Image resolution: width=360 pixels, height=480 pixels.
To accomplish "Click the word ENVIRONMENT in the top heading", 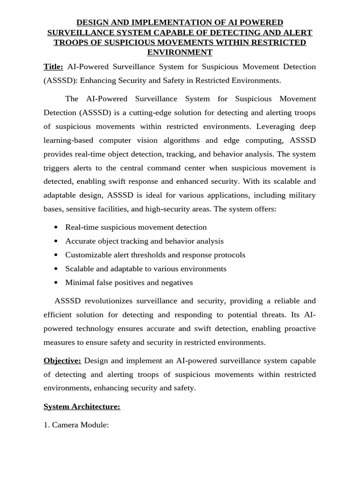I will (x=180, y=52).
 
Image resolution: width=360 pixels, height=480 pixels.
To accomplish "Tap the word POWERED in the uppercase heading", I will (x=261, y=22).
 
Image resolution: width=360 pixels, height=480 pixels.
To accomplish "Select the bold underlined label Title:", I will (x=53, y=67).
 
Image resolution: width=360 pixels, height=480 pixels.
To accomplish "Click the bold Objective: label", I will (x=62, y=360).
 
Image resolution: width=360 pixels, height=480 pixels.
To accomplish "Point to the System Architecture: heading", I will (x=82, y=407).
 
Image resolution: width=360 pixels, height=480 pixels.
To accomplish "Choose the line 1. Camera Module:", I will (x=76, y=425).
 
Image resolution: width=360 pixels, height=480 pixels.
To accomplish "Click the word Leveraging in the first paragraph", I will (x=258, y=127).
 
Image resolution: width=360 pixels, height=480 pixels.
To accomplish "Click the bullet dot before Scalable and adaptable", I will (x=56, y=269).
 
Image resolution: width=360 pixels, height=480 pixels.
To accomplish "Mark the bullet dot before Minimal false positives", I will (x=56, y=283).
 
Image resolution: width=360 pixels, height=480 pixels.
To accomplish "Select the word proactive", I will (x=298, y=328).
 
